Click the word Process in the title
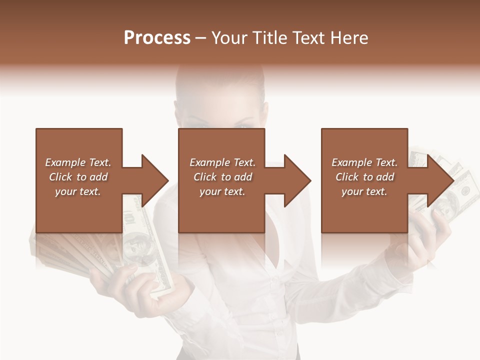click(x=157, y=38)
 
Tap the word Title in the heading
click(x=267, y=38)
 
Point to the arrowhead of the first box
click(x=154, y=180)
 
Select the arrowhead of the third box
click(x=440, y=180)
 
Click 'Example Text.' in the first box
click(x=78, y=162)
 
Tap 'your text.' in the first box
click(x=78, y=191)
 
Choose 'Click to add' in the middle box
click(x=222, y=177)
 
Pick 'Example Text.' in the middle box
click(x=222, y=162)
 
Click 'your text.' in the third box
click(x=364, y=191)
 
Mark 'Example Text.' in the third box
click(x=364, y=162)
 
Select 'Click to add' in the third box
click(x=364, y=177)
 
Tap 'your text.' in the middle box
click(x=222, y=191)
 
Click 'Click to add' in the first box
click(x=78, y=177)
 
